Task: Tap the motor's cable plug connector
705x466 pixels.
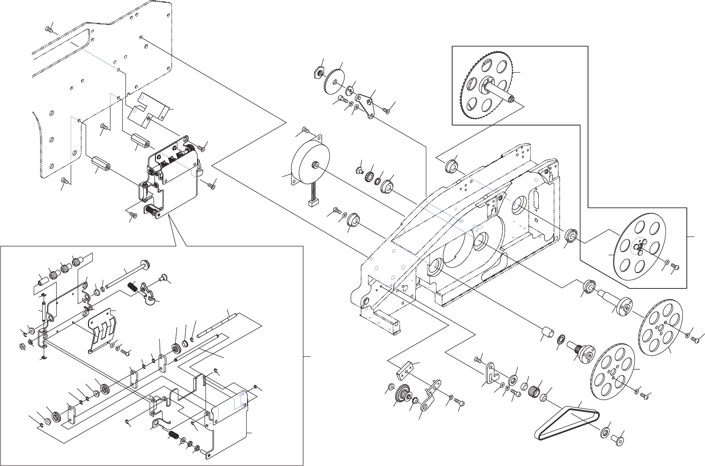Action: (311, 204)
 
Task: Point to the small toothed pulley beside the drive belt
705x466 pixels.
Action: (534, 389)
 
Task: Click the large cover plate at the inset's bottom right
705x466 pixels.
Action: (229, 422)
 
